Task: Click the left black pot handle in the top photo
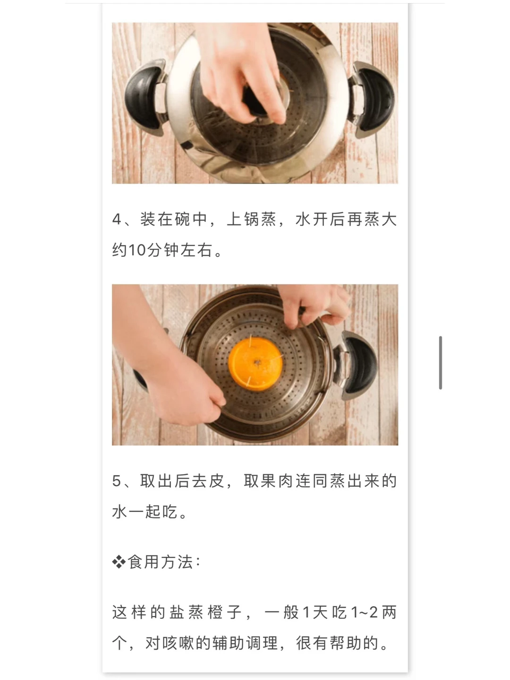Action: [143, 98]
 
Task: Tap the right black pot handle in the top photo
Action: [374, 100]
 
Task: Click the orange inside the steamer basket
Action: [255, 364]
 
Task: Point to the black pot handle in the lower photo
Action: [359, 365]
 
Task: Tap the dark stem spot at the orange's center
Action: [257, 362]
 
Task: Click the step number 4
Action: [117, 220]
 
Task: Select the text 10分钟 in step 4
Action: [153, 250]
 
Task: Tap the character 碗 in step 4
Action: [183, 219]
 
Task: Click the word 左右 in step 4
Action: [195, 250]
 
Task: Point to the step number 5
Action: [117, 481]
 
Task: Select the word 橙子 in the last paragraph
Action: [224, 612]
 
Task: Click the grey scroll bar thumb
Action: [440, 362]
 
